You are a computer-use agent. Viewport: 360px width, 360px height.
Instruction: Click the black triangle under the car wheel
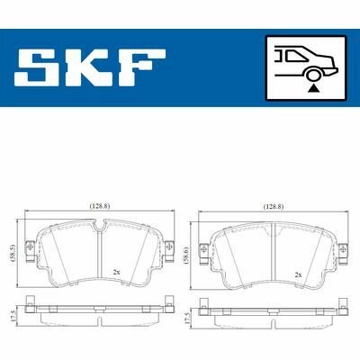312,88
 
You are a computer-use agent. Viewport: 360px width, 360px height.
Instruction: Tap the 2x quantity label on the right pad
296,273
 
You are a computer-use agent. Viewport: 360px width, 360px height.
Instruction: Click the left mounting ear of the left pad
31,248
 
